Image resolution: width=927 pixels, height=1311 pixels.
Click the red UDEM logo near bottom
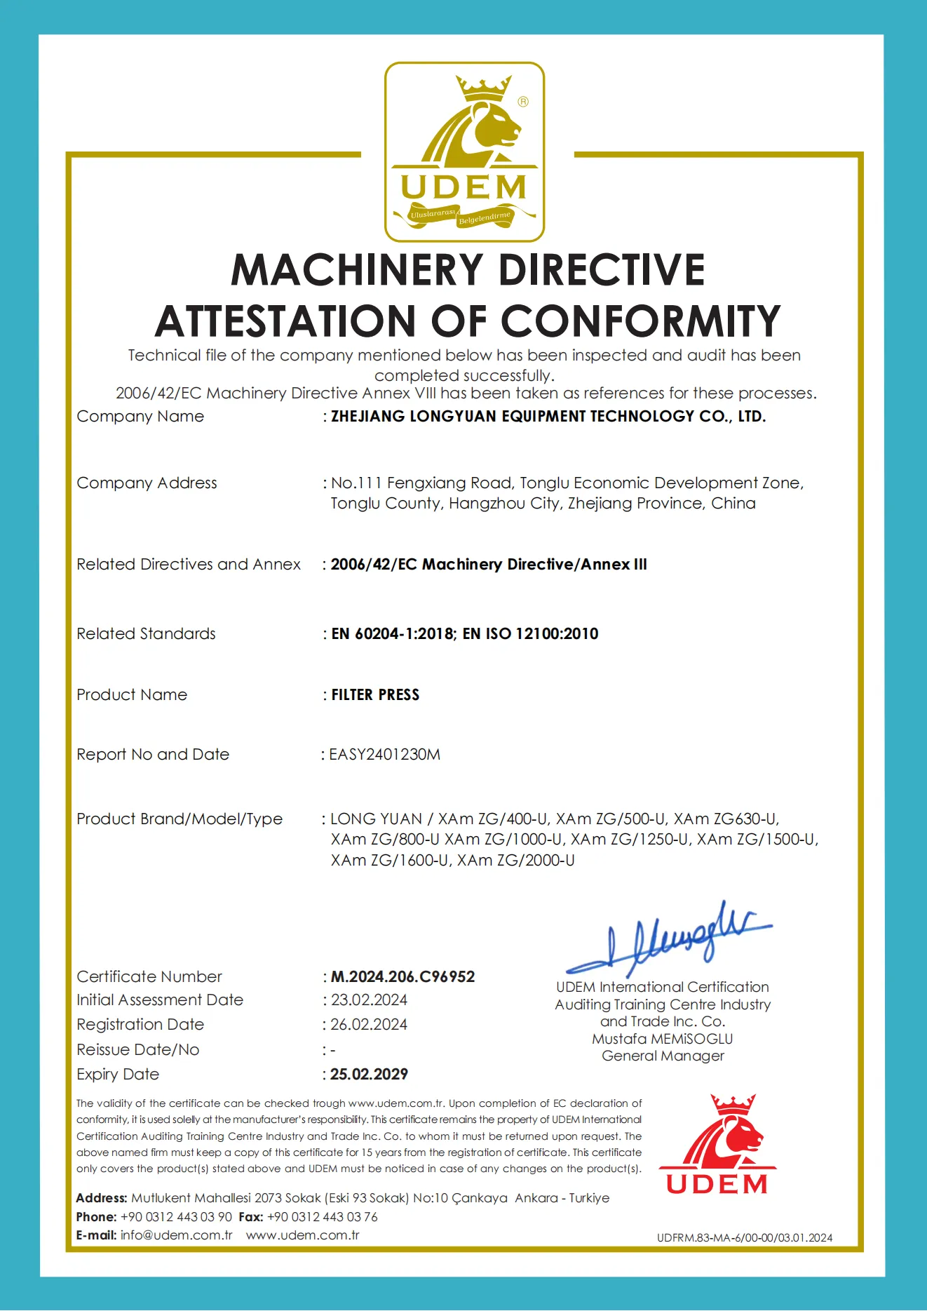pos(717,1145)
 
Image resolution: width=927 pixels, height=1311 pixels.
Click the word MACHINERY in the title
pos(357,270)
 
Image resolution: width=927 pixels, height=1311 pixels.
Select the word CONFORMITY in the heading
pos(640,321)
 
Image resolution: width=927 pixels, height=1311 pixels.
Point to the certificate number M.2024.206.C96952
pos(402,976)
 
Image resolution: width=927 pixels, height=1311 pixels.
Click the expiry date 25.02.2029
pos(369,1074)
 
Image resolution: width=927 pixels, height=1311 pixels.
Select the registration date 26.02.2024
pos(369,1024)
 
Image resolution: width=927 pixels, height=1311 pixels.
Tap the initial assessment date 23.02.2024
pos(369,1000)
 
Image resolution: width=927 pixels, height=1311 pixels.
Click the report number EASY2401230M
pos(385,754)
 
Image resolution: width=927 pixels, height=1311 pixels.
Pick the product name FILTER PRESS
pos(375,694)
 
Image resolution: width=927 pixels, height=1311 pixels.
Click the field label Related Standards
pos(146,633)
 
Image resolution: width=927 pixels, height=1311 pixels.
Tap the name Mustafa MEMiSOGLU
pos(662,1039)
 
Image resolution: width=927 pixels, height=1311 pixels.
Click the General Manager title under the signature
pos(663,1056)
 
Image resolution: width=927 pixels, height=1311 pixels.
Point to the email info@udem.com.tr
pos(176,1235)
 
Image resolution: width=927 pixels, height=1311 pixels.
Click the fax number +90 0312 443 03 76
pos(323,1217)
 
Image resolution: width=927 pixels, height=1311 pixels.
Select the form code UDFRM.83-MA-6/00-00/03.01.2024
pos(745,1238)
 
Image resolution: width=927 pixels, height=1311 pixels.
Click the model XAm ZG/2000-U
pos(516,860)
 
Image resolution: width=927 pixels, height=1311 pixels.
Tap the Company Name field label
pos(140,416)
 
